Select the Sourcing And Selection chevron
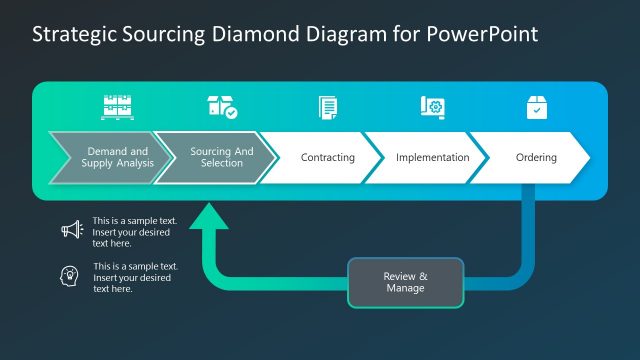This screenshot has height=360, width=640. pos(214,157)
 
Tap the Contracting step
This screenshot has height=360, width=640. pos(327,157)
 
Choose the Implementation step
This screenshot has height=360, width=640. pos(431,157)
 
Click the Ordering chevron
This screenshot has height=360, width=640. pos(536,157)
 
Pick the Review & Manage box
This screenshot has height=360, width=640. pos(406,282)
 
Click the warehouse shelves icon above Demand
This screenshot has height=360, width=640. pos(117,107)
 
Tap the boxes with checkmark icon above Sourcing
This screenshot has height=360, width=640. pos(221,107)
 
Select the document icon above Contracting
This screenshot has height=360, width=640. pos(327,107)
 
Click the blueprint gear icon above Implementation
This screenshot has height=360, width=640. pos(432,107)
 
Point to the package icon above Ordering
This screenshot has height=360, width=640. pos(537,107)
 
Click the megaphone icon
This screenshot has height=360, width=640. pos(72,230)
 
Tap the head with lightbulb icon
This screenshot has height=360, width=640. pos(72,276)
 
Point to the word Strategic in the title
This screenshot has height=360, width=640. pos(73,33)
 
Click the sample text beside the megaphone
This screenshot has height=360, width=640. pos(131,231)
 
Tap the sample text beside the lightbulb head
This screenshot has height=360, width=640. pos(135,277)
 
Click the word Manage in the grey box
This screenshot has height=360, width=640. pos(405,288)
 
